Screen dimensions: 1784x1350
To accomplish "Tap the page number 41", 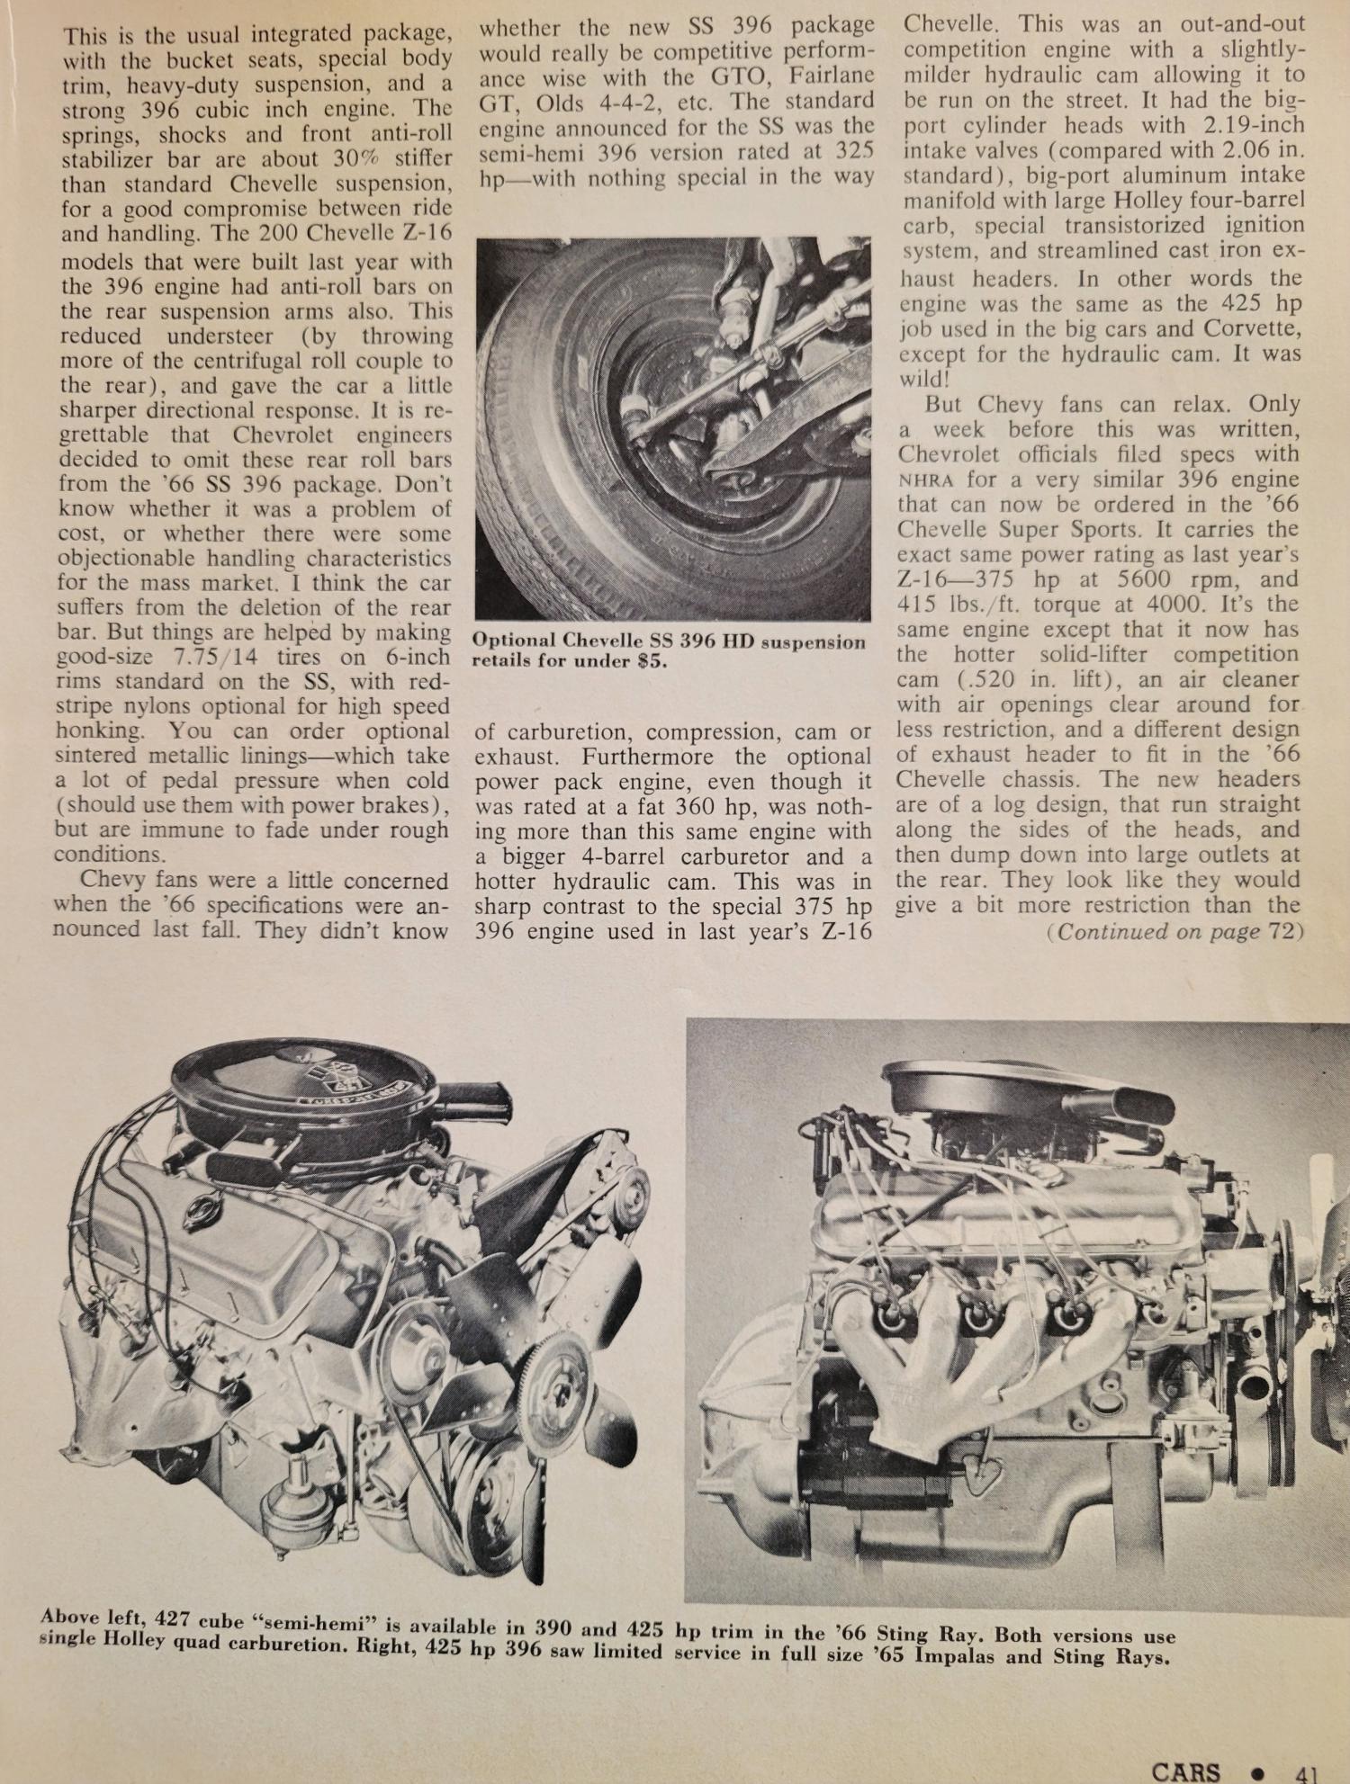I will tap(1305, 1769).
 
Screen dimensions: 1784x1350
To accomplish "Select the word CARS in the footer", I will tap(1185, 1768).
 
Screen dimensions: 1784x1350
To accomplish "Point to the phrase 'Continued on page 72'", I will tap(1174, 931).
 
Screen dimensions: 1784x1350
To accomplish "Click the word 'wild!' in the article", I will tap(924, 379).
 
